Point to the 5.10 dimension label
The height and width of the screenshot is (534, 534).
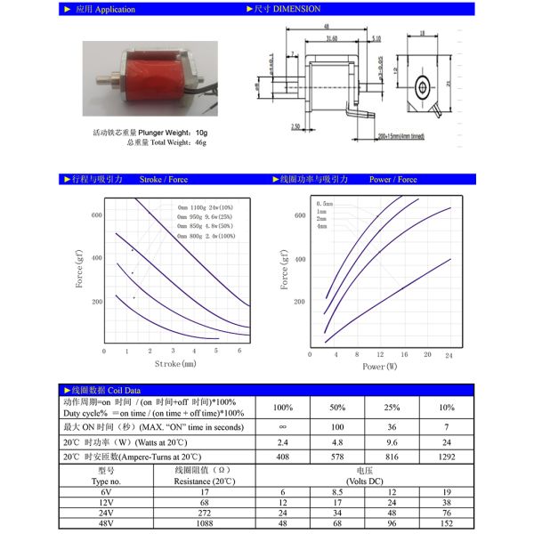pyautogui.click(x=376, y=38)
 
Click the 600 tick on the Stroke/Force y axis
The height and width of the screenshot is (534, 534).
pyautogui.click(x=96, y=215)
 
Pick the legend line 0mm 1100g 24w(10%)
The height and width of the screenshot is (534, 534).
pyautogui.click(x=206, y=208)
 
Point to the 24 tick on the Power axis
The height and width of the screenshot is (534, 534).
pyautogui.click(x=449, y=354)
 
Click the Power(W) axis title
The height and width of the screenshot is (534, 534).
pyautogui.click(x=380, y=366)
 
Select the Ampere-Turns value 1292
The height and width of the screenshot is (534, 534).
pyautogui.click(x=448, y=456)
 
